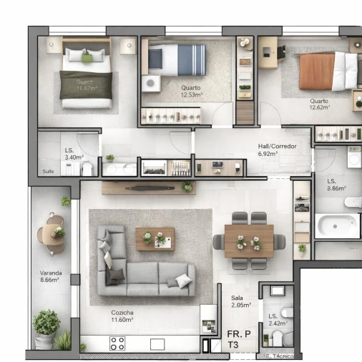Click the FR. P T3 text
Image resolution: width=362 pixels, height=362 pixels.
238,338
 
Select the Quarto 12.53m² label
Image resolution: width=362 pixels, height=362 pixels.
191,91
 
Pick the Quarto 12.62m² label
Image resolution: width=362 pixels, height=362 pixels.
319,104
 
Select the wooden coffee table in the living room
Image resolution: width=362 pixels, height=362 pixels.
155,239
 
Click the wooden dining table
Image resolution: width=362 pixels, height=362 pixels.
249,242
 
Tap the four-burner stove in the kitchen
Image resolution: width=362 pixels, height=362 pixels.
117,343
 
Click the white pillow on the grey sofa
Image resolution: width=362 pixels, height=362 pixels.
184,281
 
